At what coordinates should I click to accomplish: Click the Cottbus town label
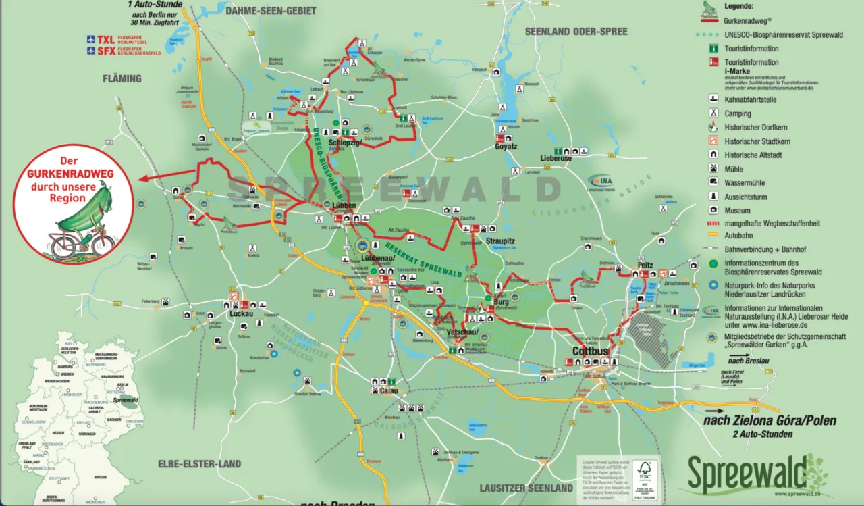591,351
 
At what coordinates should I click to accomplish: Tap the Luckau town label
241,313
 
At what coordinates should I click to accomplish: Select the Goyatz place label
506,146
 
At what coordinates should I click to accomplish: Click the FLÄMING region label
122,78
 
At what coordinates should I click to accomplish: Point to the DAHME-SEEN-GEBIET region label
271,11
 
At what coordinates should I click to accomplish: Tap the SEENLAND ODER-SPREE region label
576,31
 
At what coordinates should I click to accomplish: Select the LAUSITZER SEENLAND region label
526,488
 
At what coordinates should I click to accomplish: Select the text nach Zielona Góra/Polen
769,420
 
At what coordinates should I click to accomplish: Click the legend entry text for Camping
738,113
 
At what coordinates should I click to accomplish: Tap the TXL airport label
105,40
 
